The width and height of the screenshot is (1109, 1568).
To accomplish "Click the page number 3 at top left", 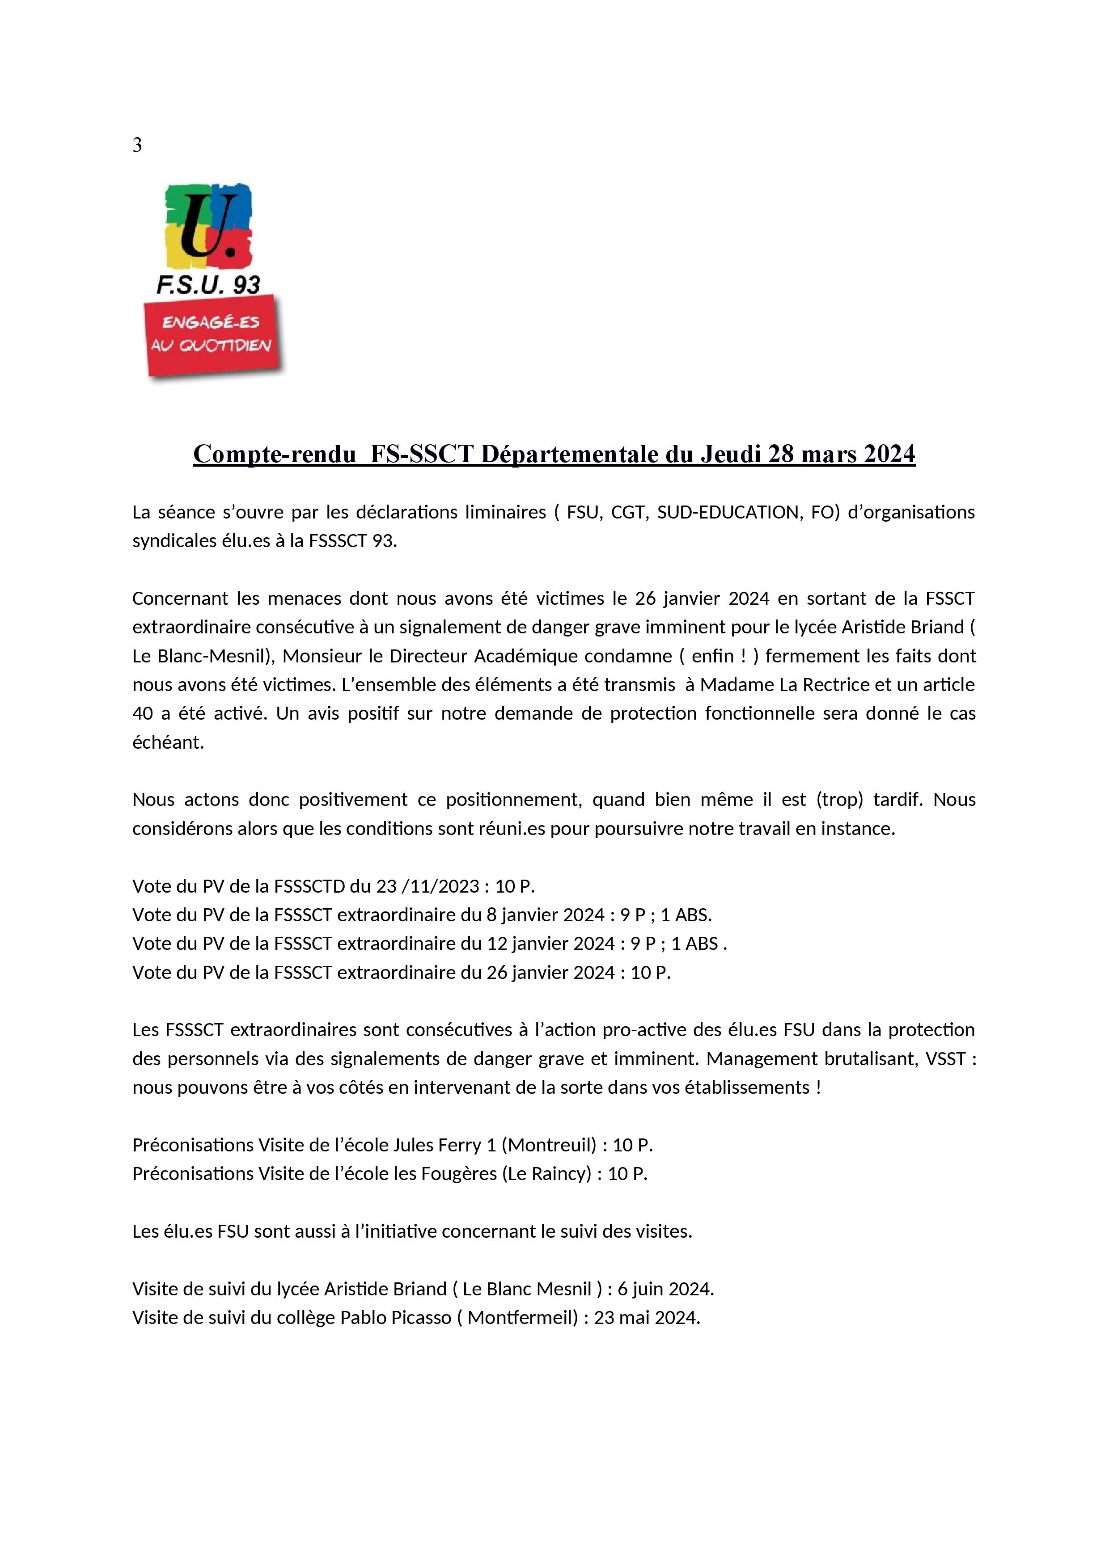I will (137, 145).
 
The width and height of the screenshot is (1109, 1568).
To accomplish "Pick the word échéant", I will (168, 742).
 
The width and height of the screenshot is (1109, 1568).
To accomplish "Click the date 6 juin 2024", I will (665, 1289).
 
